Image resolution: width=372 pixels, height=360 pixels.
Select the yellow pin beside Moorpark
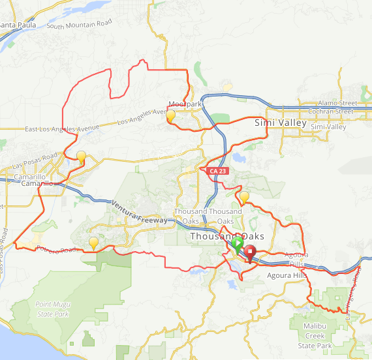point(171,116)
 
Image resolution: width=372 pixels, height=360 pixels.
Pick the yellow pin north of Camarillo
point(82,157)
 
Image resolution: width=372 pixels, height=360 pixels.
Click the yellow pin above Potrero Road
point(94,243)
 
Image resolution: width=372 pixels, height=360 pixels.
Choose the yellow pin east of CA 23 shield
point(245,197)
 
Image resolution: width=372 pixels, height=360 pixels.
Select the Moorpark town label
point(185,104)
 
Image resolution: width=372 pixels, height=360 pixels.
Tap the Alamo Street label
point(337,103)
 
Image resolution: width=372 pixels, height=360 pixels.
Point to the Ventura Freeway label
point(139,212)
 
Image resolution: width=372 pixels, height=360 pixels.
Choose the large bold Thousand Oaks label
point(227,236)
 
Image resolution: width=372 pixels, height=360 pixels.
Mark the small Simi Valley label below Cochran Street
point(328,127)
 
